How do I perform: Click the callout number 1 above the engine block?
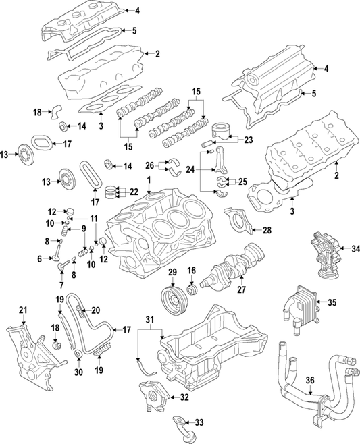tap(148, 180)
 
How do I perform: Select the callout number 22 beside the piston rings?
tap(134, 192)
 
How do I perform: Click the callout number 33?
tap(199, 422)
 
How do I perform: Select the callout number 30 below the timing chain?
tap(79, 372)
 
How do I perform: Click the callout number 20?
tap(96, 310)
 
